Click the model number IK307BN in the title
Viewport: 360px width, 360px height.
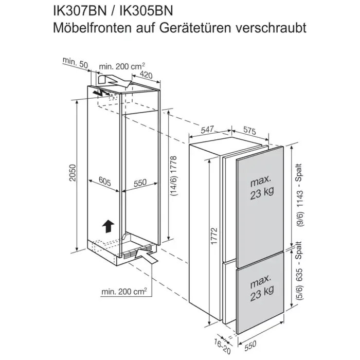click(80, 11)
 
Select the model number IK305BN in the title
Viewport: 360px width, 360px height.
click(147, 11)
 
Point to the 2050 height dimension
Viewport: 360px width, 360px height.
click(73, 173)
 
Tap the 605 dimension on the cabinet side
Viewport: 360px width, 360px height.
click(105, 182)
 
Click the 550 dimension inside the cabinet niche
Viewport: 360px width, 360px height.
click(140, 183)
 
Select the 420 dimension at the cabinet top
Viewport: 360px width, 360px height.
click(146, 75)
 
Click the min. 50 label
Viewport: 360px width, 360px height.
click(75, 63)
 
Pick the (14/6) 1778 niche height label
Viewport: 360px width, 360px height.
click(174, 176)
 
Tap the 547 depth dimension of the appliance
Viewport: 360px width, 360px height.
click(207, 130)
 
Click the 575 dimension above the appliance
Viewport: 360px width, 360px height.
click(249, 131)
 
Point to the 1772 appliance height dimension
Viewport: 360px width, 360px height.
click(214, 236)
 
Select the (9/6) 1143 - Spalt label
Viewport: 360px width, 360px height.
click(300, 195)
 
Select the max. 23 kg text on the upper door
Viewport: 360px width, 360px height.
click(262, 188)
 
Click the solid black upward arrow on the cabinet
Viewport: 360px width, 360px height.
click(108, 226)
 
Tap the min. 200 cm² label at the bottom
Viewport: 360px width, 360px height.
click(124, 291)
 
